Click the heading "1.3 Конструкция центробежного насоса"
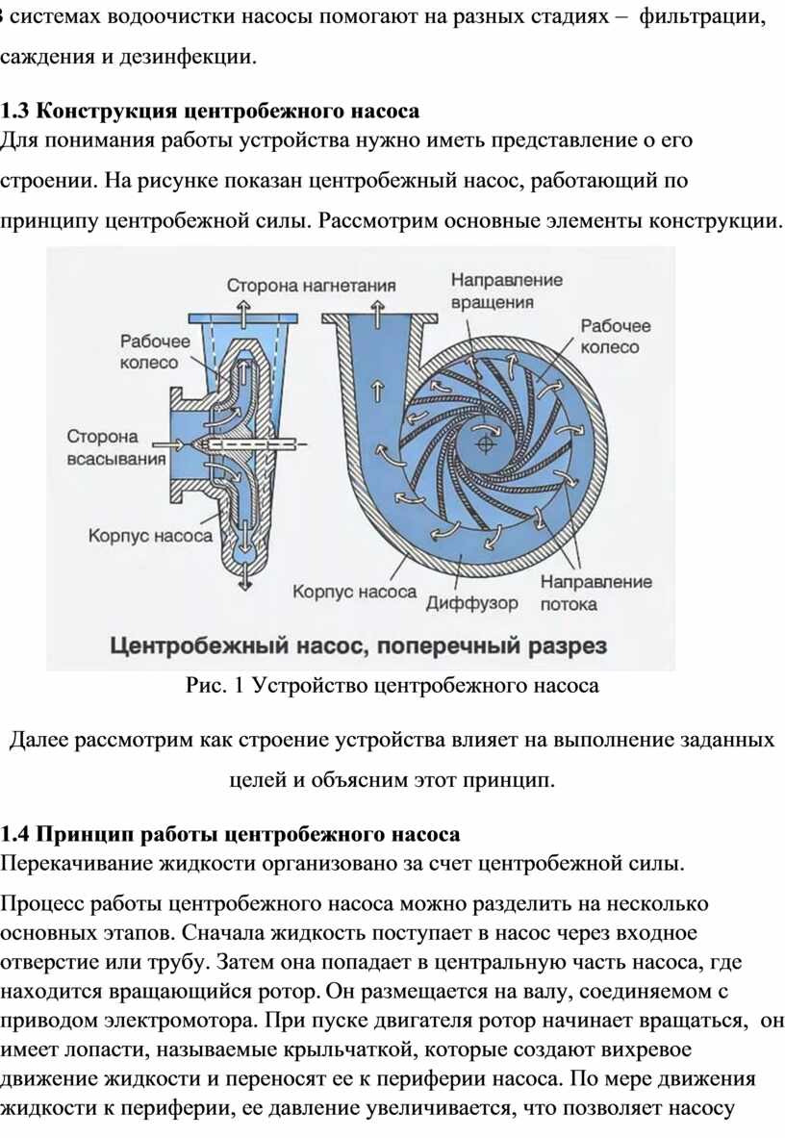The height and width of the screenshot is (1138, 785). (210, 111)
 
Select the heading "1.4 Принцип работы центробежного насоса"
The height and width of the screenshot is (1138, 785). (230, 835)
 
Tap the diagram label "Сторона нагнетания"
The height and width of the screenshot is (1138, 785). (312, 286)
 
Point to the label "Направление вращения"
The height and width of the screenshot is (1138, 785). (506, 291)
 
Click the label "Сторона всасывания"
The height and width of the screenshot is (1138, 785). (115, 447)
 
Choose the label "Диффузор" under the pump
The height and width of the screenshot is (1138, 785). (472, 604)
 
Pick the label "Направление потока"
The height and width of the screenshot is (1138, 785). (595, 593)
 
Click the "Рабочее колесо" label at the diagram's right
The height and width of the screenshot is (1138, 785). (616, 337)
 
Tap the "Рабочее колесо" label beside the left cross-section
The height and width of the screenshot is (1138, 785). (155, 352)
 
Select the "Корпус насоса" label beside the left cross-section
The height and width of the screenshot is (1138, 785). (150, 537)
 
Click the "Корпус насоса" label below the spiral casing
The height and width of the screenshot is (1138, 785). (354, 593)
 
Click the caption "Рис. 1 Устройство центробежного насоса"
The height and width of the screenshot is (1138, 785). (392, 686)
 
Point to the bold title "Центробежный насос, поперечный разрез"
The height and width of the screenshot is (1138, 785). (359, 645)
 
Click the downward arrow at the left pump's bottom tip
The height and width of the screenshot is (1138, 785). (246, 574)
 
